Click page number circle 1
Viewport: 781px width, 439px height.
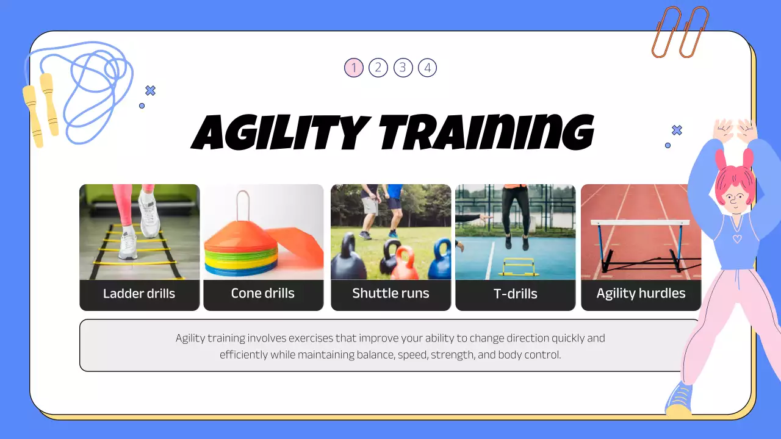(354, 68)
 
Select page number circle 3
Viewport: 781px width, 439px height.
(403, 68)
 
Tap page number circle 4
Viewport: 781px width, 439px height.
(427, 68)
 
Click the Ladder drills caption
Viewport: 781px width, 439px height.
(139, 294)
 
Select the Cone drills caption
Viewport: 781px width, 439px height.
(263, 293)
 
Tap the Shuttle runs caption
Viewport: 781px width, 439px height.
(390, 293)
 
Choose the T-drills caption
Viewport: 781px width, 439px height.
(515, 294)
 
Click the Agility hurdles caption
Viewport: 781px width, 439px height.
(641, 293)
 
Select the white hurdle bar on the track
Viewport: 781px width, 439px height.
(640, 223)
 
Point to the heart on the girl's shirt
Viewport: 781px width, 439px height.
(737, 238)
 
